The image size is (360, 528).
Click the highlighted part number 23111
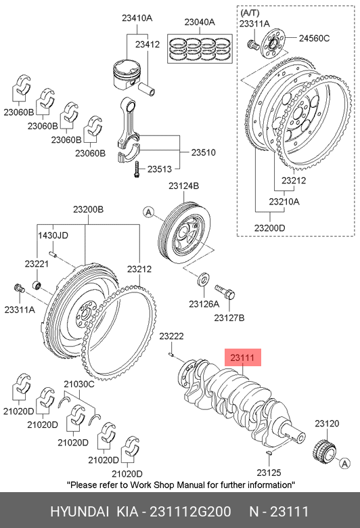point(242,357)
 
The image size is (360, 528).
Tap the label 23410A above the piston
point(137,18)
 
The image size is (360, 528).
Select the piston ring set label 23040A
point(200,22)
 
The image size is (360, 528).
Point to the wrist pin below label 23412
point(147,89)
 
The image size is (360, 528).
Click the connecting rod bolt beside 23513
point(137,169)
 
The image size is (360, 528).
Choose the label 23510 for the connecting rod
point(204,152)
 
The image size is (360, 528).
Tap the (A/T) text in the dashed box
point(250,13)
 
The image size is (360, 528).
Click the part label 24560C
point(314,38)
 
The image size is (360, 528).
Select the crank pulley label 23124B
point(184,185)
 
